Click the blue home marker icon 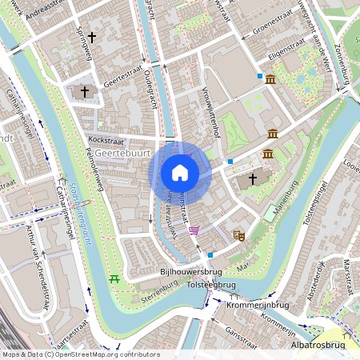click(x=180, y=173)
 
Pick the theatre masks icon click(x=238, y=235)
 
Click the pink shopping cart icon click(x=194, y=230)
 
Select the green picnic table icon click(x=114, y=278)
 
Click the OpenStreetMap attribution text click(x=80, y=354)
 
